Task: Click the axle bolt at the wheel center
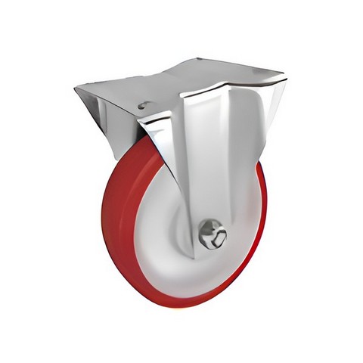click(212, 234)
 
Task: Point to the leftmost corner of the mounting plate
click(76, 90)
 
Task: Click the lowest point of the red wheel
click(181, 306)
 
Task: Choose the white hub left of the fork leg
click(163, 219)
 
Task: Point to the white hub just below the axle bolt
click(212, 261)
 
